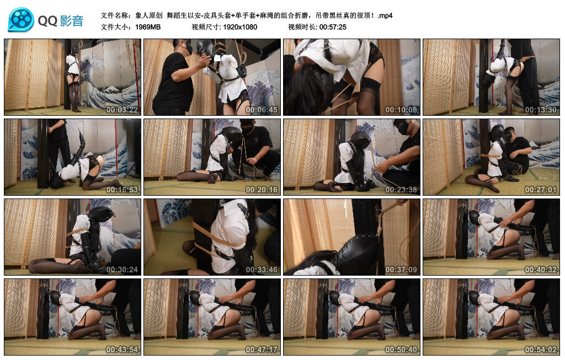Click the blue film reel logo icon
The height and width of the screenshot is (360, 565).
[21, 20]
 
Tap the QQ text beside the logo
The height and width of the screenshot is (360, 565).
[47, 21]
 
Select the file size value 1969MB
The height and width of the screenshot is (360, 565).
[148, 27]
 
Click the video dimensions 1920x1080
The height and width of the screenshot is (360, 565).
[240, 27]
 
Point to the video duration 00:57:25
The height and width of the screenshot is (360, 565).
[333, 27]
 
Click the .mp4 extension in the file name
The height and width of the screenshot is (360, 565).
[385, 16]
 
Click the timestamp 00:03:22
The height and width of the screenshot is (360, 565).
[122, 110]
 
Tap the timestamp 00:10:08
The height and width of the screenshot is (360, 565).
[401, 110]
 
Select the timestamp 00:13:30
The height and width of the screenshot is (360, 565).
[541, 110]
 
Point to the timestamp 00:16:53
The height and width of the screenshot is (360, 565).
[122, 190]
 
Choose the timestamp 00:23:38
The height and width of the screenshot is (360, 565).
[401, 190]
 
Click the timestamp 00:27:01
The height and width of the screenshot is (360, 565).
[541, 190]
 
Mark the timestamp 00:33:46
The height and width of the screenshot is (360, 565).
[262, 270]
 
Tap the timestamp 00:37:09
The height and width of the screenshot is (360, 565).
[401, 270]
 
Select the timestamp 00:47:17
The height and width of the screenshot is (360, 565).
[262, 350]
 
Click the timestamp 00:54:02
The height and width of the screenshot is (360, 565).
[541, 350]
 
